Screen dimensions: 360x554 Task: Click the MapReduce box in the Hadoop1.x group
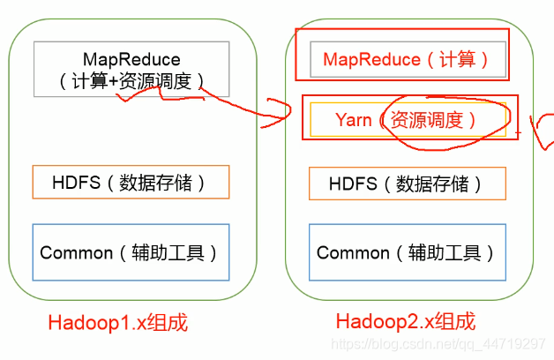(131, 69)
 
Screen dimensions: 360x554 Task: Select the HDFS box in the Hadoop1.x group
(130, 182)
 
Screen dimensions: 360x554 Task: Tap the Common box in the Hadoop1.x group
(130, 252)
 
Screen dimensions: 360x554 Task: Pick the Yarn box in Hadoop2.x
(407, 119)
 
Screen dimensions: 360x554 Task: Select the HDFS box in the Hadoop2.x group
(407, 184)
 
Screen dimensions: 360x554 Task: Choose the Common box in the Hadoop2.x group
(407, 252)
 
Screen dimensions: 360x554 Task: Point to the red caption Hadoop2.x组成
(405, 321)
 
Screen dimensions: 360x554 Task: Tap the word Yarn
(354, 120)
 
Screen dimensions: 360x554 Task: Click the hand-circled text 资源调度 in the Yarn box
(427, 120)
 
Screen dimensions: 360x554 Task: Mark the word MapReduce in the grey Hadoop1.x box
(131, 59)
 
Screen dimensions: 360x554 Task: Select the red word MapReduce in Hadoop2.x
(371, 60)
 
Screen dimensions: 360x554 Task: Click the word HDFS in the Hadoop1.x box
(71, 184)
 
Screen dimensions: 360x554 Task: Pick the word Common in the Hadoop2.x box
(353, 253)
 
